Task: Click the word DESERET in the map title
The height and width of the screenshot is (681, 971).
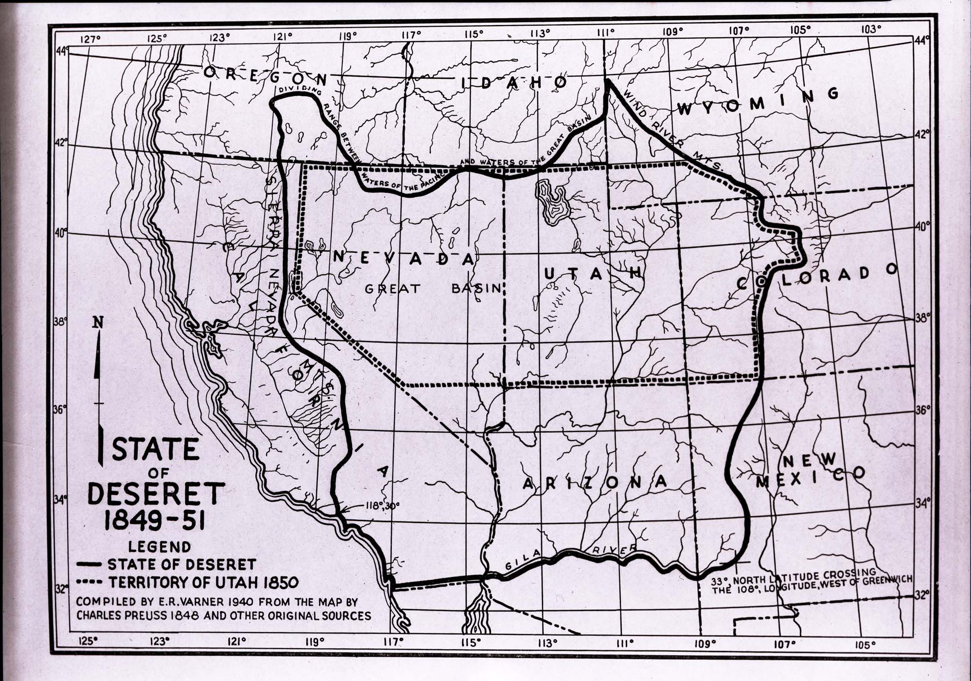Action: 156,494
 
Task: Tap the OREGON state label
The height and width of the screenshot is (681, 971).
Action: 265,75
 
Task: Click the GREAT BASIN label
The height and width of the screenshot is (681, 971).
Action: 433,289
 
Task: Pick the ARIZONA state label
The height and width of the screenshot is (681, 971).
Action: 595,482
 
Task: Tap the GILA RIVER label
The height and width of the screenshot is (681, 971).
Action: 571,557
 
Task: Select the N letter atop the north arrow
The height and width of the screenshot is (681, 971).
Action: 99,323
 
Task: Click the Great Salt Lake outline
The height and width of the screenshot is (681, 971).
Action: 551,201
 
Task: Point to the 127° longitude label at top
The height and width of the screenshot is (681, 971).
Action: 89,39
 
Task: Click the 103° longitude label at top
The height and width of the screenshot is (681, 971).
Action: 871,30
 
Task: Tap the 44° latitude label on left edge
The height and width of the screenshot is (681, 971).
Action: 62,51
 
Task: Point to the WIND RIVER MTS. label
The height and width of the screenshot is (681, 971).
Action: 672,131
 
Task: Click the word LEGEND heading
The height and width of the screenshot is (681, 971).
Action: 159,547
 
